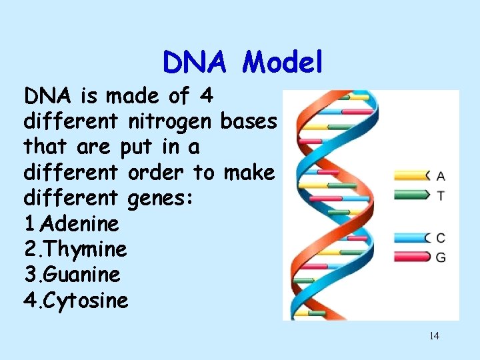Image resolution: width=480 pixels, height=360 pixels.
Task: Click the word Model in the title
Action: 283,63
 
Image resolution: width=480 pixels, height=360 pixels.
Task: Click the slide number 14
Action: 434,336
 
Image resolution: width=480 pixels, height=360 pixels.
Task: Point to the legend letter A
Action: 441,177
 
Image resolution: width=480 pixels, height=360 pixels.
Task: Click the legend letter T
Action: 441,195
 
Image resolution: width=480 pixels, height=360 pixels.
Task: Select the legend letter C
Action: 441,238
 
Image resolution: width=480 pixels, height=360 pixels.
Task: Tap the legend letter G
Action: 441,257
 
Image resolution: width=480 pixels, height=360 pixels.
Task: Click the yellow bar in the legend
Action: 412,176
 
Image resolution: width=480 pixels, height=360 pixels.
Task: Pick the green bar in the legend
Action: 412,195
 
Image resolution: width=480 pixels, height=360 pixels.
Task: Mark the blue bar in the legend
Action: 412,237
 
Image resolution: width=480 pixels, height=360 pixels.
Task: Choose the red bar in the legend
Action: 412,256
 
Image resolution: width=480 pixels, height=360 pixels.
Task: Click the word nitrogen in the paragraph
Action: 171,122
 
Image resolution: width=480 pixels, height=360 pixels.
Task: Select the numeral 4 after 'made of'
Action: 206,97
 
